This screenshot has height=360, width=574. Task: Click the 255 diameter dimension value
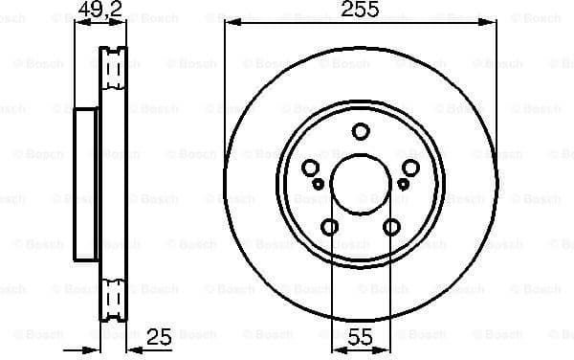(360, 11)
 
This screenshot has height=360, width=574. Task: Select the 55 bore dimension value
(360, 337)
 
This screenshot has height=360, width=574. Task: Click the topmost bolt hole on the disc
(361, 132)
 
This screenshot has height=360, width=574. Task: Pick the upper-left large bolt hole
(311, 169)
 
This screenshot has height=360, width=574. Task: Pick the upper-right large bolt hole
(410, 169)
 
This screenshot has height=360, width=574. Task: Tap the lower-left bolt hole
(329, 227)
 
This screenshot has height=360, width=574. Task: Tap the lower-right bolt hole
(391, 227)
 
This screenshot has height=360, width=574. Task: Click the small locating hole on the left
(317, 183)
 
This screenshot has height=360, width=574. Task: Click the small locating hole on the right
(404, 183)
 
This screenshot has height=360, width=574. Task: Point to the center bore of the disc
(361, 187)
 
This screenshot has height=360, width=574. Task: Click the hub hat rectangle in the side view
(87, 185)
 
